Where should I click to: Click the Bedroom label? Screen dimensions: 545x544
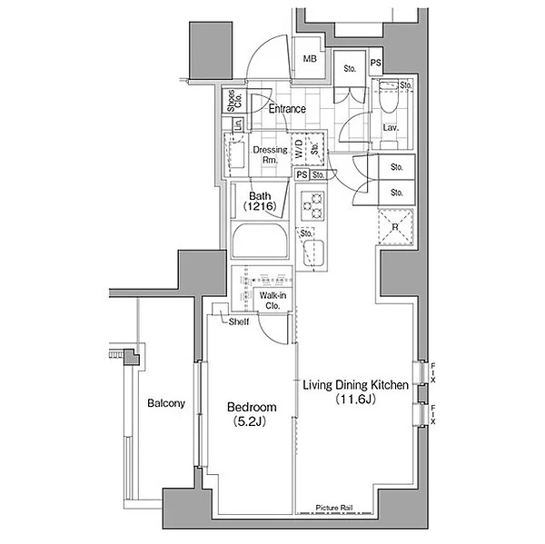click(x=252, y=407)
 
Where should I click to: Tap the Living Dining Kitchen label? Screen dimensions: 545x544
click(x=355, y=385)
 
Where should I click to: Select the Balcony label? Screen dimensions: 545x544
click(x=166, y=403)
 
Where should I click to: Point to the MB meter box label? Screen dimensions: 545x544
click(x=310, y=59)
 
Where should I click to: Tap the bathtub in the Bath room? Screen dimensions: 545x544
click(x=260, y=240)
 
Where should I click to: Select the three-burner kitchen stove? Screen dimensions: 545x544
click(x=312, y=206)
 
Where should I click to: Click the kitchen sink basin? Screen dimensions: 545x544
click(x=313, y=252)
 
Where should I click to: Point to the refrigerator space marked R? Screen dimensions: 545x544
click(x=395, y=227)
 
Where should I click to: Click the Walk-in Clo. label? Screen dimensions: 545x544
click(x=272, y=301)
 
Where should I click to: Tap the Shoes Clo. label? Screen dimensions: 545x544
click(x=234, y=101)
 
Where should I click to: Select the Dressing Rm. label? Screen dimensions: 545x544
click(x=270, y=154)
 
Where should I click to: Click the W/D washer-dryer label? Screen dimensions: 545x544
click(x=299, y=149)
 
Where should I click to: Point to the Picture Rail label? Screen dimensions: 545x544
click(x=334, y=508)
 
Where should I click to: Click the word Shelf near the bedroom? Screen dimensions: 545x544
click(x=238, y=321)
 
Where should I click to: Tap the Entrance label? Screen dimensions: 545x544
click(x=287, y=109)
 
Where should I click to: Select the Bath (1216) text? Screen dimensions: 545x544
click(x=260, y=201)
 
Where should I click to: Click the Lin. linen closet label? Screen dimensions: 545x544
click(x=238, y=124)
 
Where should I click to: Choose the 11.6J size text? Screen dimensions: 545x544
click(x=355, y=399)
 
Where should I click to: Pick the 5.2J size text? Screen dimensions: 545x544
click(x=250, y=421)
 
